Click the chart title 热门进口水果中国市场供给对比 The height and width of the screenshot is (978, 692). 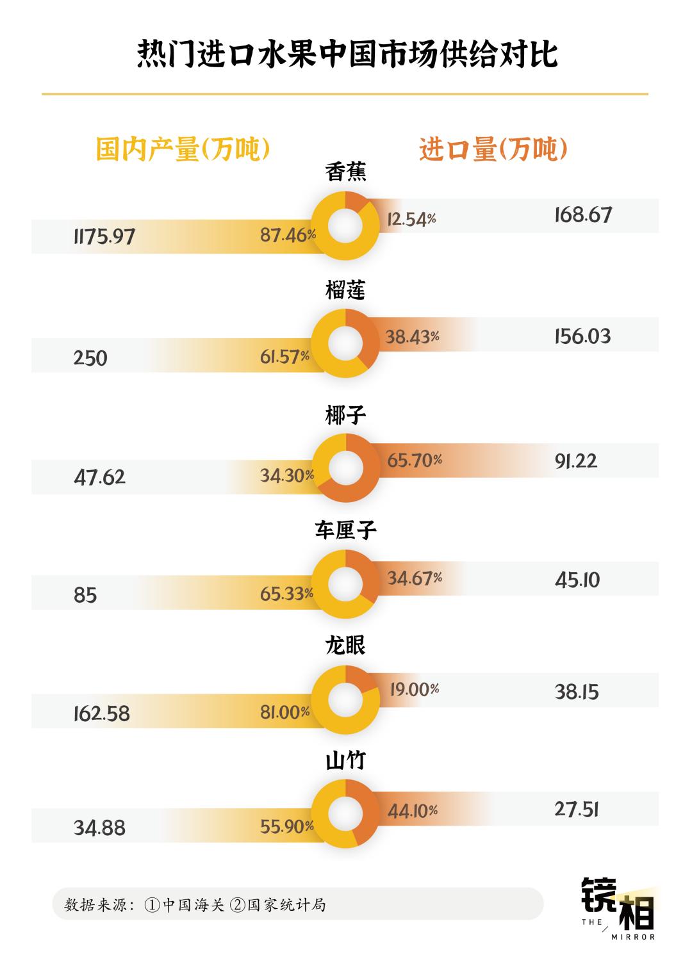[346, 54]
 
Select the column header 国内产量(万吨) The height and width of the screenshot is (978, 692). [183, 150]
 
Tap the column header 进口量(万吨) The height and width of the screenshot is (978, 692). [493, 150]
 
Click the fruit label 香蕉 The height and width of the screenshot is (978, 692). [346, 172]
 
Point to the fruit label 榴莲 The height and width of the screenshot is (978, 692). [346, 291]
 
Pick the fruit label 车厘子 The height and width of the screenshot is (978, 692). [346, 530]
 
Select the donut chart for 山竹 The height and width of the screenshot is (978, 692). [346, 812]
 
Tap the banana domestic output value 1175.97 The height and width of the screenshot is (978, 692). [104, 236]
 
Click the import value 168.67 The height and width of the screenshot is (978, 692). [583, 215]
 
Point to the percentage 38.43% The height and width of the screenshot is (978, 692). [412, 336]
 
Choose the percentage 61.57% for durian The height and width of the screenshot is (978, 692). [284, 357]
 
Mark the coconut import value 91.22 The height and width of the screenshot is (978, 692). [576, 461]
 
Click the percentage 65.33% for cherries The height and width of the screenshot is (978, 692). [286, 594]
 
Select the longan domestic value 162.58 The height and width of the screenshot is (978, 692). [101, 713]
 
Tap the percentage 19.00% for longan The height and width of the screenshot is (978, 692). [415, 689]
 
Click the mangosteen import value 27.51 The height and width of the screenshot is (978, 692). [576, 809]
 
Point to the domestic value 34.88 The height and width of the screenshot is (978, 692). [99, 828]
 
